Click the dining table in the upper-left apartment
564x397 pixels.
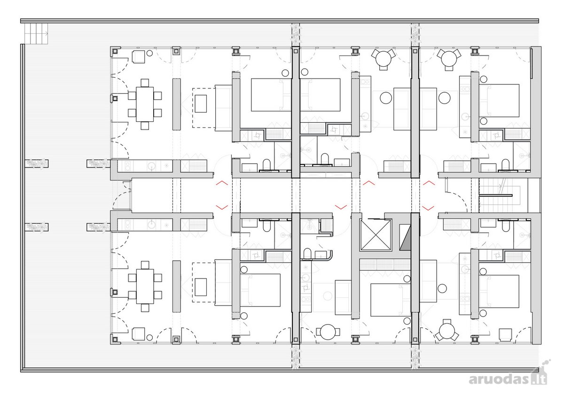point(145,104)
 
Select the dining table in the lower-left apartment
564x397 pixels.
point(145,286)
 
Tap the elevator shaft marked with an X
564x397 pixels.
point(376,235)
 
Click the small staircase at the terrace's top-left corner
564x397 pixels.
point(36,33)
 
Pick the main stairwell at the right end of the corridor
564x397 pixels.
point(495,195)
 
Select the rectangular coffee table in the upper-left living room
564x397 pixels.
point(201,103)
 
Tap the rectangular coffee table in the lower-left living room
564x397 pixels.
point(201,287)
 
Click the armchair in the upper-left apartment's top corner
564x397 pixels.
point(139,57)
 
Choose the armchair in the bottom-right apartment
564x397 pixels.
point(506,334)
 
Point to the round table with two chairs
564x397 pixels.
point(328,332)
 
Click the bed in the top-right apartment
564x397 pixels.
point(499,100)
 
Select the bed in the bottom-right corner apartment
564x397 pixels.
point(499,291)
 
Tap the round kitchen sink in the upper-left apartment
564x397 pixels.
point(151,166)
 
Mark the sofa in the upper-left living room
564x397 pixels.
point(223,108)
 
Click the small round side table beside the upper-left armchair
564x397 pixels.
point(149,53)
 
